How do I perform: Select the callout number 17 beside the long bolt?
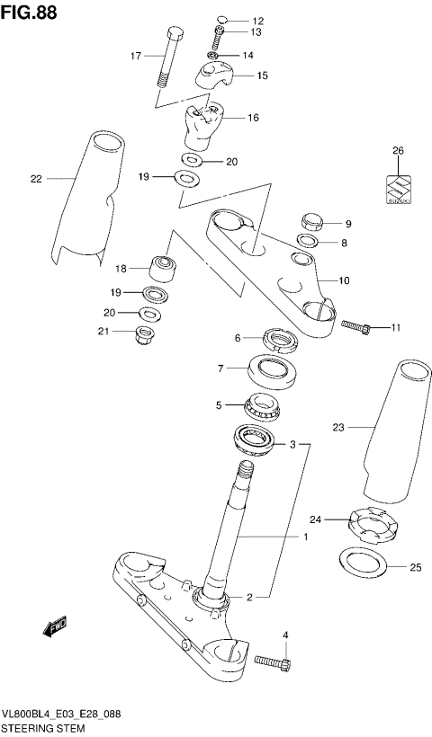136,56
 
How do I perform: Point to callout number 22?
36,179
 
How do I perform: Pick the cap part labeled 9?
311,222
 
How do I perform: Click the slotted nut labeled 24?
373,526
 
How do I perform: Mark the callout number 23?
338,428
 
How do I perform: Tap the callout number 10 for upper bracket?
344,280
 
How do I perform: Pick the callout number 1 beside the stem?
305,537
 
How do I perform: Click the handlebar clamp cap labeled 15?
219,74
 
